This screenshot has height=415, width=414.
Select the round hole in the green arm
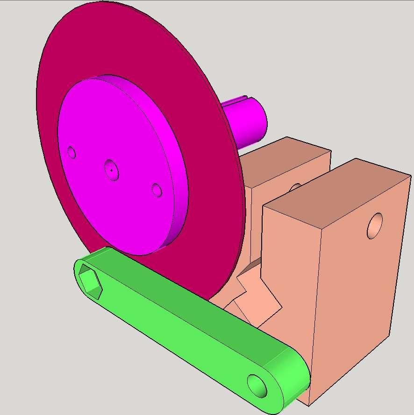257,386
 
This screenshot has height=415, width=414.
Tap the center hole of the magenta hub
111,170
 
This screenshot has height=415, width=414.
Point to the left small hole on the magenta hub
71,152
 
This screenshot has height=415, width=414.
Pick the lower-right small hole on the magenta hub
157,190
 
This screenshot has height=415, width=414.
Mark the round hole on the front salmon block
375,226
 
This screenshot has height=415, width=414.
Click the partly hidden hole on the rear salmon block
295,187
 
